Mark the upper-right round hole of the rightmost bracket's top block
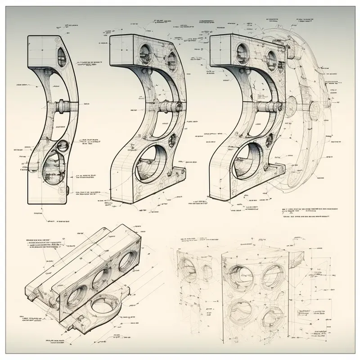271,57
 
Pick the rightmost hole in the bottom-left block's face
128,261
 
